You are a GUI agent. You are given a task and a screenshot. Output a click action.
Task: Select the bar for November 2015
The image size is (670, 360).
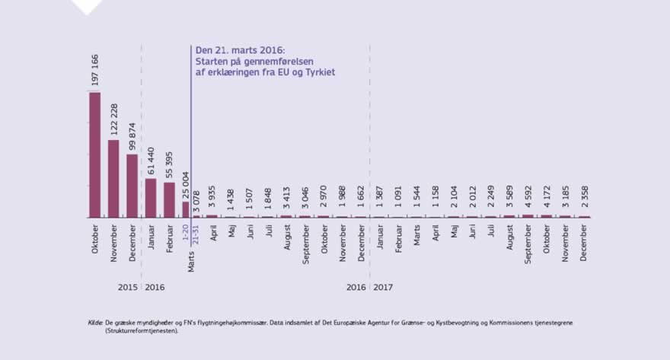coord(113,178)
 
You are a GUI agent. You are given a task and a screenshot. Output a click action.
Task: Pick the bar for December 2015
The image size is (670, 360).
coord(132,186)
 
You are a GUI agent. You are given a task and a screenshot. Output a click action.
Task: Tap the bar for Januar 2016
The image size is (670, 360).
coord(151,198)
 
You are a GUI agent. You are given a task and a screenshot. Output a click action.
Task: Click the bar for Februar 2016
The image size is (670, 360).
coord(169,199)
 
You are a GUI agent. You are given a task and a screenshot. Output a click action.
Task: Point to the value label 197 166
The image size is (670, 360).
coord(95,67)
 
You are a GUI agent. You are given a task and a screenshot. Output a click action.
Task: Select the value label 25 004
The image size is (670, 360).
coord(185,180)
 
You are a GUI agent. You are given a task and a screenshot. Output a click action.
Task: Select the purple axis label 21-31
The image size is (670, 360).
coord(195,231)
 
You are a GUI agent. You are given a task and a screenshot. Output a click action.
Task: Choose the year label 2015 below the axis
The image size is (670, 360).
coord(127,287)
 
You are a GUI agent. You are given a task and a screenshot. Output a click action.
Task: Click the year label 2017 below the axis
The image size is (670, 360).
coord(383,287)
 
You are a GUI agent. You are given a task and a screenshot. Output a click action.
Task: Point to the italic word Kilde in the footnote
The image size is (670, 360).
coord(96,323)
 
